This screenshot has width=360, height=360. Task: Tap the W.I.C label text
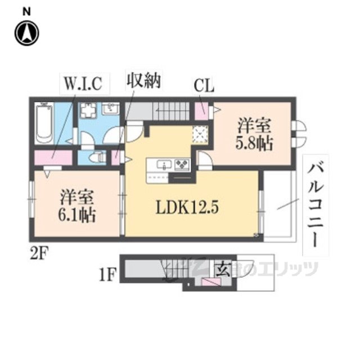(82, 84)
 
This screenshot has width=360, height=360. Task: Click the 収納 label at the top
(143, 81)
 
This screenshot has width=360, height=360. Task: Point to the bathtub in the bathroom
(44, 122)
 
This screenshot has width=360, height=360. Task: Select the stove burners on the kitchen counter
(183, 164)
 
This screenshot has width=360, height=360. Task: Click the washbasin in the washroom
(110, 109)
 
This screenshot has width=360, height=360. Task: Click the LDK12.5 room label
(186, 207)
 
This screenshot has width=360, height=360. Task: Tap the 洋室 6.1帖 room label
(78, 206)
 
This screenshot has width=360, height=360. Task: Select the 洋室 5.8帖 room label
(254, 133)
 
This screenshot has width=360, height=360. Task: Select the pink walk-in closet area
(53, 158)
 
